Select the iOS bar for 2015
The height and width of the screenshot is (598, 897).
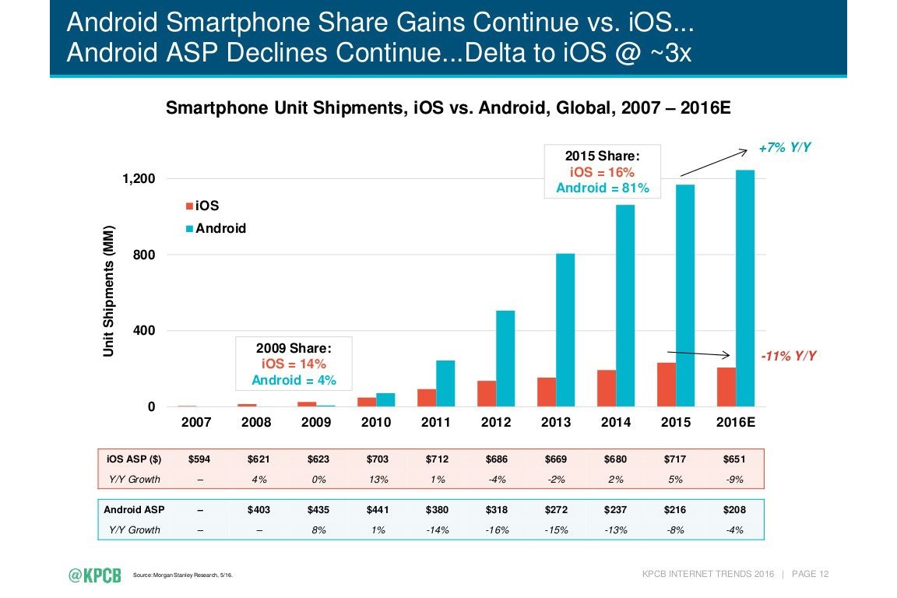tap(667, 385)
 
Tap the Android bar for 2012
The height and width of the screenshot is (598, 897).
tap(505, 358)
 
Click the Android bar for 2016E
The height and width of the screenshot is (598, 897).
tap(745, 288)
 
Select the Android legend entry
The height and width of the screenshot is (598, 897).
tap(215, 228)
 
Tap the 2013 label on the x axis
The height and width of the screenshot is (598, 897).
tap(556, 423)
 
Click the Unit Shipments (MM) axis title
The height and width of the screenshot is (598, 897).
tap(110, 292)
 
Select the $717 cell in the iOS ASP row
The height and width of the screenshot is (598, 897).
tap(676, 459)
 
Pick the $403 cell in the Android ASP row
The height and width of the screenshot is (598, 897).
tap(259, 510)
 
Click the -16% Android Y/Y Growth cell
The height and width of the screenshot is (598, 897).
tap(497, 529)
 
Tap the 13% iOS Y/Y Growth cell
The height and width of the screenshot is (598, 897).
tap(378, 479)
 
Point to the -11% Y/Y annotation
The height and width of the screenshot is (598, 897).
tap(789, 356)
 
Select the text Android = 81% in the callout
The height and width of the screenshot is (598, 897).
tap(602, 188)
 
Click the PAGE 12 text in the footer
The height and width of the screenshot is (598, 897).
tap(810, 575)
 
